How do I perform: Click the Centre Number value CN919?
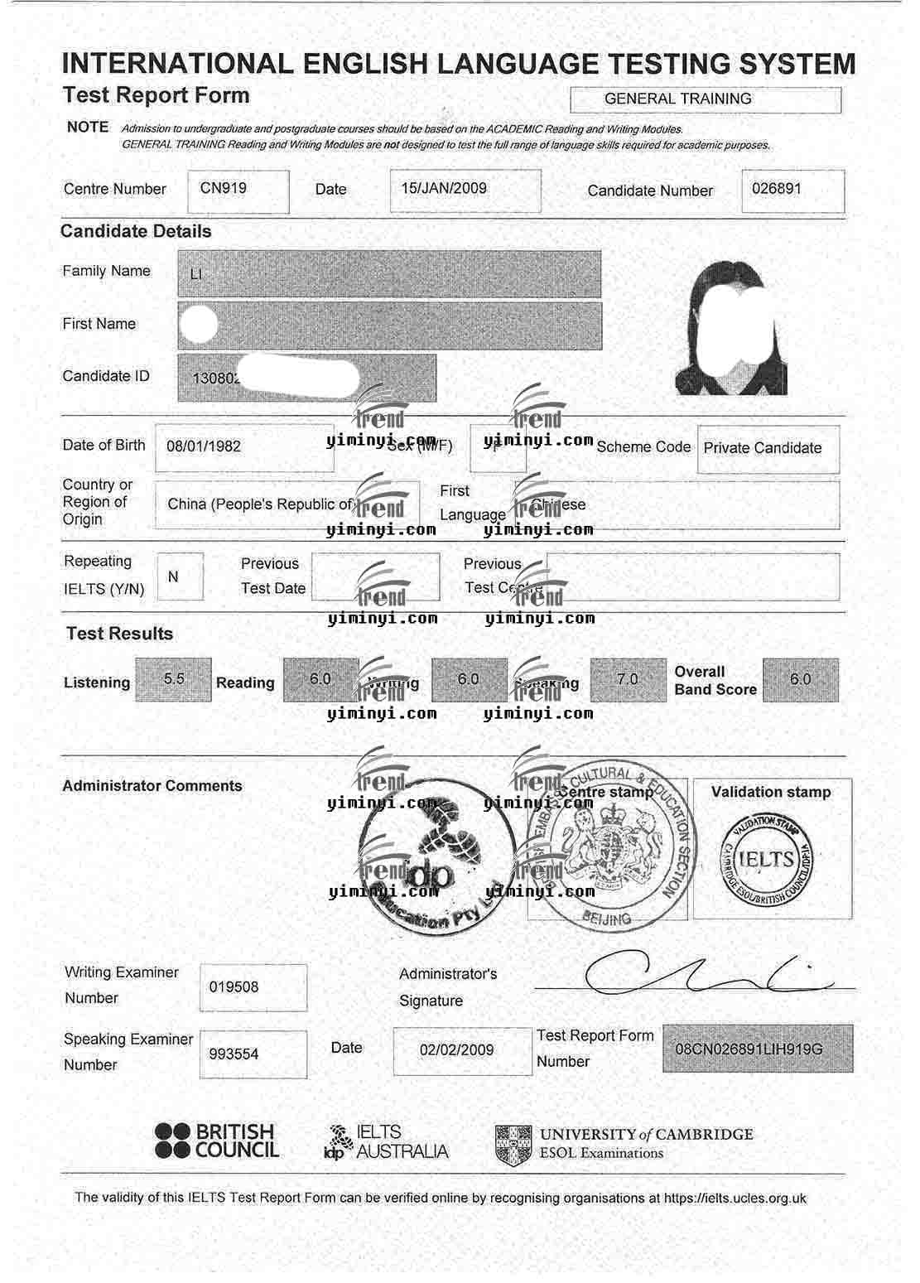click(224, 188)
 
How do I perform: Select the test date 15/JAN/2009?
click(444, 188)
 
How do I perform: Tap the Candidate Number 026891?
click(777, 188)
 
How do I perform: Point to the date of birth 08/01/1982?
click(204, 446)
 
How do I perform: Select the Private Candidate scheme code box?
click(763, 448)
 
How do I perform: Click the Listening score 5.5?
click(174, 679)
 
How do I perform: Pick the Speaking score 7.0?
click(628, 679)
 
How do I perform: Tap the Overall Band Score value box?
click(800, 679)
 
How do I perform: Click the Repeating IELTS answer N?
click(173, 576)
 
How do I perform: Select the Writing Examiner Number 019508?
click(234, 987)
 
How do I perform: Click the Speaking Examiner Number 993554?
click(234, 1054)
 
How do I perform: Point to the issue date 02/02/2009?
click(456, 1050)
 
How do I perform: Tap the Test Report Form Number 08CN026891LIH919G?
click(749, 1049)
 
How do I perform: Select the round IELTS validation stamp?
click(767, 859)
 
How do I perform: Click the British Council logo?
click(217, 1141)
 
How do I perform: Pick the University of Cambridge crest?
click(513, 1145)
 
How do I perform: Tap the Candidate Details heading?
click(136, 232)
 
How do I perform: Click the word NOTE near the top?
click(88, 128)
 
